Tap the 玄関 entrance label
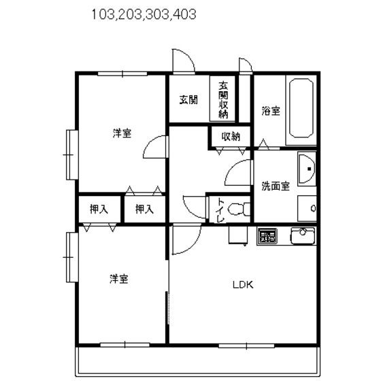tap(188, 100)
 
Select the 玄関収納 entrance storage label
tap(223, 99)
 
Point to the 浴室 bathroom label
tap(271, 111)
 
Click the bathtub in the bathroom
tap(301, 109)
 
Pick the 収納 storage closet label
tap(231, 136)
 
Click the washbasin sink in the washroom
tap(307, 167)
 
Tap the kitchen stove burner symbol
tap(266, 237)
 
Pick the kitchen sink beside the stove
tap(301, 237)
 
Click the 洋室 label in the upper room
tap(122, 133)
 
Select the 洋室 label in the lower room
tap(120, 278)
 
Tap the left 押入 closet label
tap(99, 210)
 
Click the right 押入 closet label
tap(144, 210)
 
